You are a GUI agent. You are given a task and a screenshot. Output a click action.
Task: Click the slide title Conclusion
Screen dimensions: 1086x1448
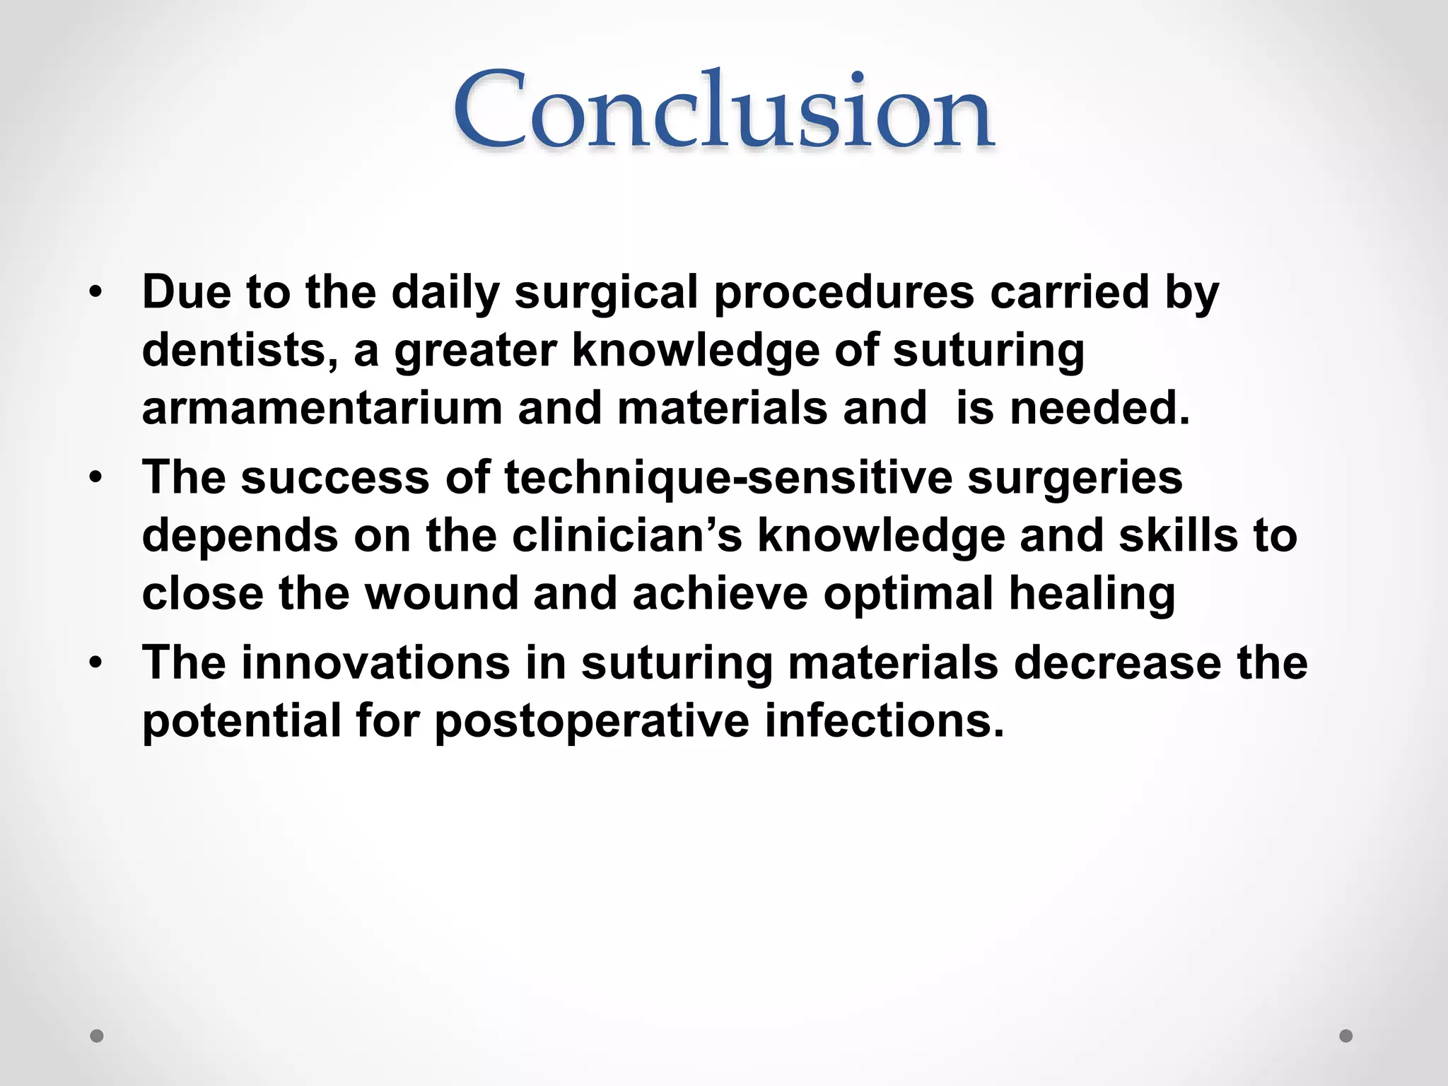tap(724, 110)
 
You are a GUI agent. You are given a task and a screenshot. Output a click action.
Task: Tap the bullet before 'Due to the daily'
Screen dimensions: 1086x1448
tap(96, 291)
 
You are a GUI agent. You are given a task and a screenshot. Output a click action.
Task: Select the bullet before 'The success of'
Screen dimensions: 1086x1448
tap(96, 477)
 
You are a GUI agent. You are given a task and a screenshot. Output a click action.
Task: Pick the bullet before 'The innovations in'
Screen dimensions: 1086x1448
tap(96, 662)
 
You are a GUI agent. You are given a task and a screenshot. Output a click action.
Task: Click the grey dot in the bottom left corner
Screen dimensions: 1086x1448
tap(97, 1036)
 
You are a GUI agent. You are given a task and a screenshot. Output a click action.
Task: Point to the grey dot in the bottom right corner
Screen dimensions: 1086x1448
tap(1346, 1036)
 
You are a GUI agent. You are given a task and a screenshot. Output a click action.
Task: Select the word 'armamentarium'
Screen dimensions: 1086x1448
tap(322, 409)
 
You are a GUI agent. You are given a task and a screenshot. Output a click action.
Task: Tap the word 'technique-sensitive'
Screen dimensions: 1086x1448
tap(728, 477)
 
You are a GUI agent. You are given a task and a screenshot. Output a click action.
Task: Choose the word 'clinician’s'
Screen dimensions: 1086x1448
tap(626, 535)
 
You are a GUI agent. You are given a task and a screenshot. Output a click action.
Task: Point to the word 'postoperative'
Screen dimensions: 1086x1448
tap(592, 721)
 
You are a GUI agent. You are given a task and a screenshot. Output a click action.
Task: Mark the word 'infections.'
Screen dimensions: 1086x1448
tap(884, 721)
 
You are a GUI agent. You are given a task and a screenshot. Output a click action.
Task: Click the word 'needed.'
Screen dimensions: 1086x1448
tap(1100, 409)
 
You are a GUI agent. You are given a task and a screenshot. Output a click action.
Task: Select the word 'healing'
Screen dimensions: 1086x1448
tap(1092, 594)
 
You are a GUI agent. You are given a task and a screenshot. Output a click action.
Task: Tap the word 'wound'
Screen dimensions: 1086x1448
tap(442, 594)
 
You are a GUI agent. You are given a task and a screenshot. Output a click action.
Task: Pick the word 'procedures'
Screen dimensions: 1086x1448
tap(843, 291)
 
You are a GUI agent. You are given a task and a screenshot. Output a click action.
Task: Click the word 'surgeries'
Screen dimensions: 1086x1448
tap(1075, 477)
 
